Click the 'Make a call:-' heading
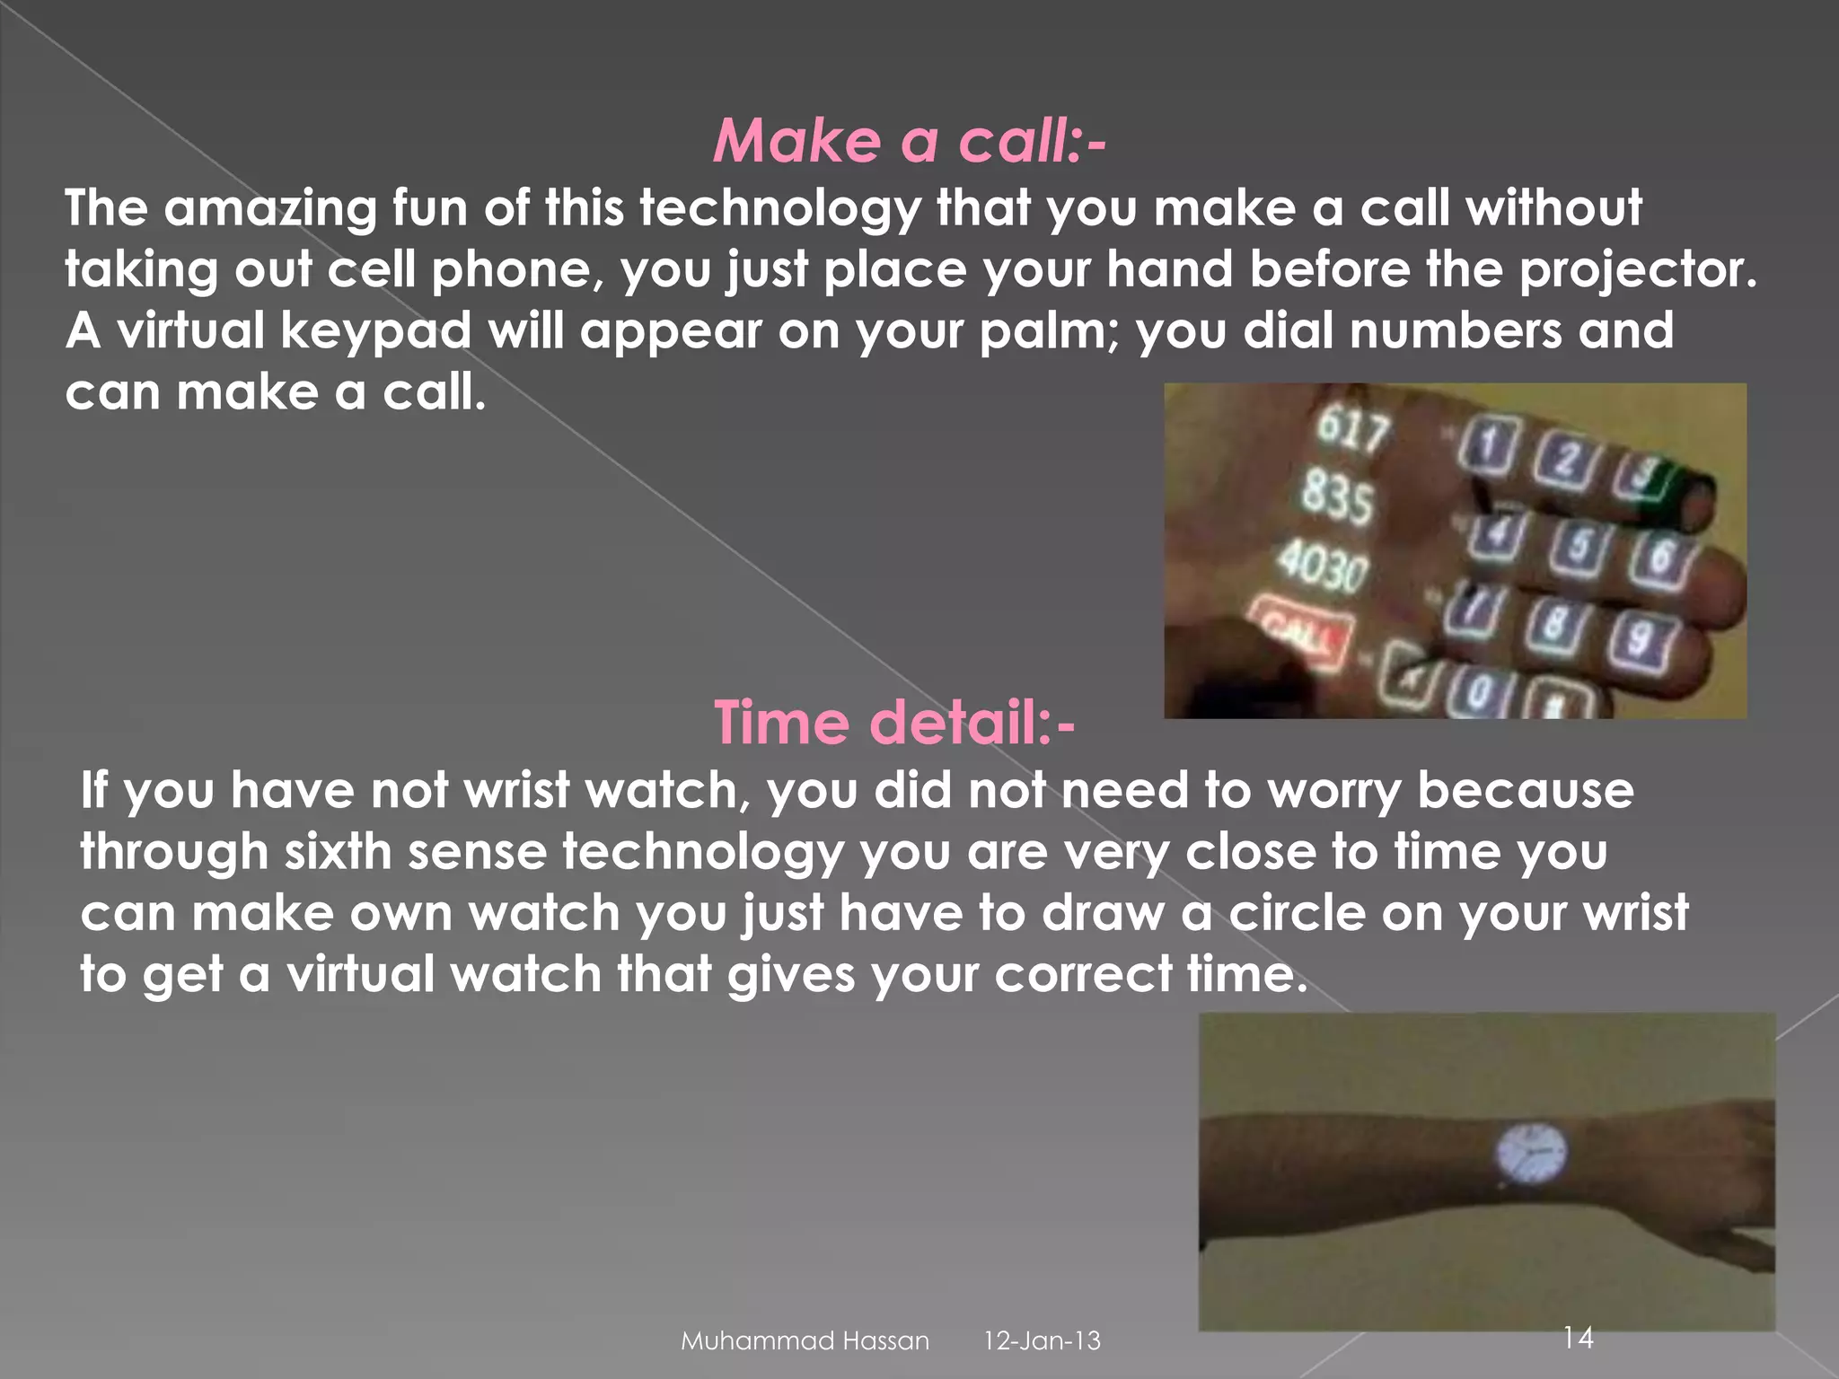[x=909, y=142]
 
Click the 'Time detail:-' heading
[x=894, y=723]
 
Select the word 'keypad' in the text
[x=375, y=331]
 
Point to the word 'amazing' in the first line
[x=270, y=208]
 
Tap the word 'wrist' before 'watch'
[x=516, y=791]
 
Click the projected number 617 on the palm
[x=1352, y=431]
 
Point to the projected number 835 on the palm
[x=1337, y=497]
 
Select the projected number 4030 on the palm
[x=1324, y=567]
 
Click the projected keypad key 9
[x=1640, y=638]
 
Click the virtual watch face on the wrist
[x=1532, y=1153]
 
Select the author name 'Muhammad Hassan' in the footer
[x=805, y=1341]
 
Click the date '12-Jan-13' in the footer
[x=1042, y=1341]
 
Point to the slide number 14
[x=1578, y=1338]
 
